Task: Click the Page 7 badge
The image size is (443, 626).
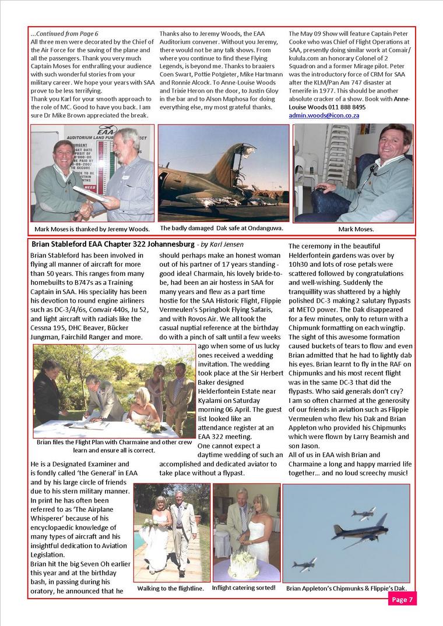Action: tap(402, 599)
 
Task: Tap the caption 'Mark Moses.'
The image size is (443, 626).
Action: tap(354, 229)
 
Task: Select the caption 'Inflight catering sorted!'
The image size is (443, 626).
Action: tap(244, 588)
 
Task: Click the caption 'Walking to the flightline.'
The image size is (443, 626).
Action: tap(171, 589)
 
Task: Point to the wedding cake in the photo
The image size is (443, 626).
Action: tap(244, 563)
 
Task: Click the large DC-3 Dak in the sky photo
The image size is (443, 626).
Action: tap(352, 530)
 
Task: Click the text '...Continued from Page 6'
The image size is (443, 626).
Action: tap(64, 34)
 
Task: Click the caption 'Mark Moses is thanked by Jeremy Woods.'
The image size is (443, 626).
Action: tap(92, 229)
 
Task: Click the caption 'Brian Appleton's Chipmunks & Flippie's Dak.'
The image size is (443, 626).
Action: tap(346, 588)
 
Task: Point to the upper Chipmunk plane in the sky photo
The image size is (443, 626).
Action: tap(363, 513)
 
